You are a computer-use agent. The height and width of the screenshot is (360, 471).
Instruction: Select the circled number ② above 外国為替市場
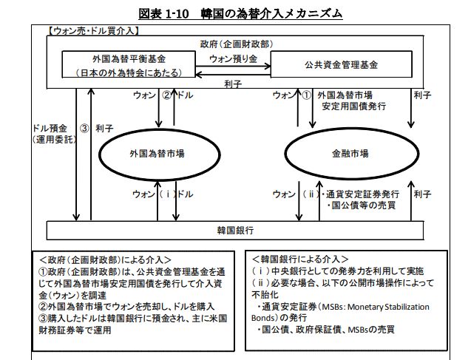[x=166, y=95]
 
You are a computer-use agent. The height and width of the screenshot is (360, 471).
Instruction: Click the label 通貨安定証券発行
[x=362, y=194]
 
